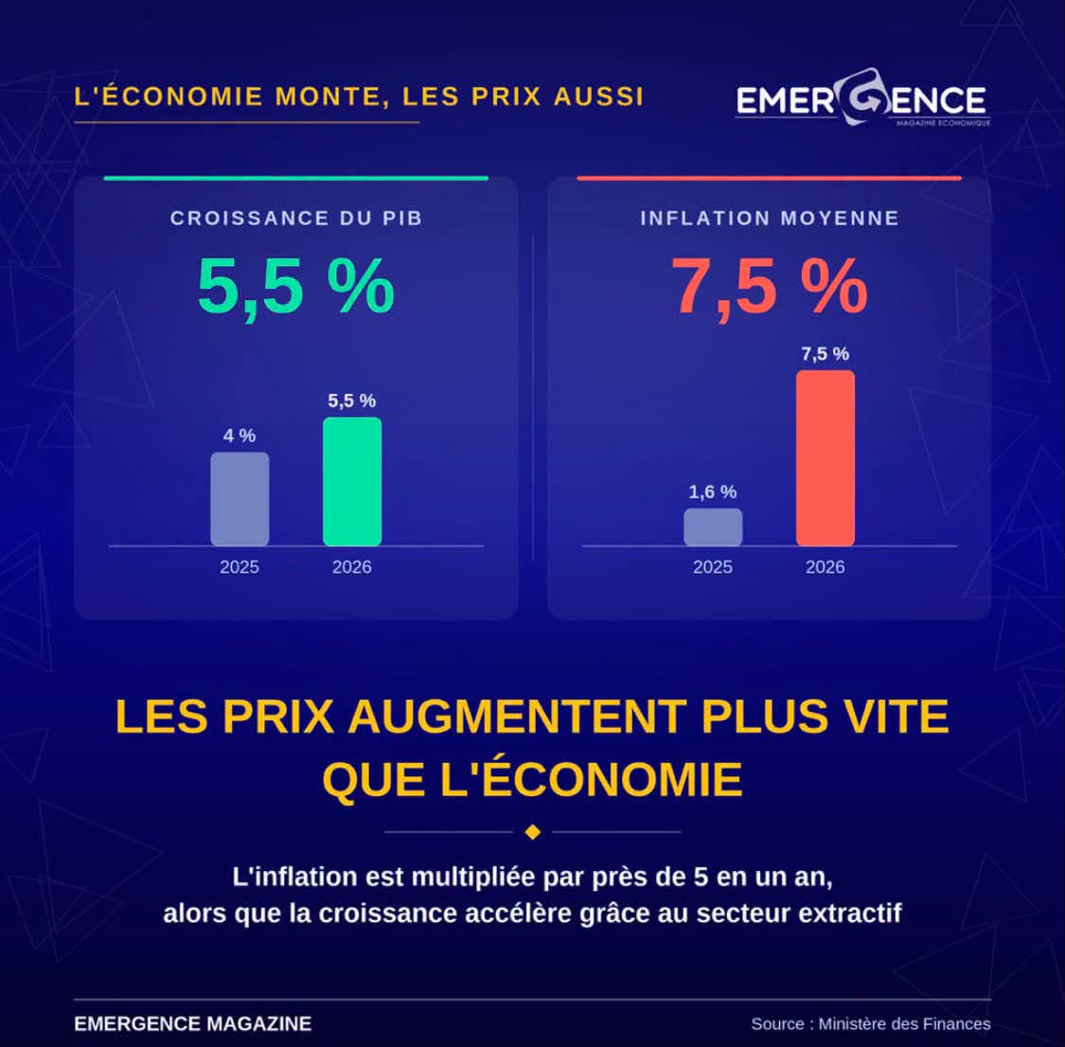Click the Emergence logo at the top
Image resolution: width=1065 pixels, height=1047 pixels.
tap(862, 98)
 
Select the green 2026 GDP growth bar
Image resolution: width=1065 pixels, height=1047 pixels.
tap(352, 482)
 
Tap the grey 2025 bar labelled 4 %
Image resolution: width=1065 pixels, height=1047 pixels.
tap(240, 499)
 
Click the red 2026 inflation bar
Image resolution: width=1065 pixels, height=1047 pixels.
tap(825, 458)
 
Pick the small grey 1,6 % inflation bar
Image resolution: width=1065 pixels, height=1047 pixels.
tap(713, 527)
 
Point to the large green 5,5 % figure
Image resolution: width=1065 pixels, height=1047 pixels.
tap(296, 287)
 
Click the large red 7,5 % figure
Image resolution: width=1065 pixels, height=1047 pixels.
tap(770, 287)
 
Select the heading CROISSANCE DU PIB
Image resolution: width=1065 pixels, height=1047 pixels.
tap(296, 218)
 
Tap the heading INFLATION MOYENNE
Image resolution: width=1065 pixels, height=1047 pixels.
tap(770, 218)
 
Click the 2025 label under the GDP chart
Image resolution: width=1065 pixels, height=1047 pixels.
tap(240, 567)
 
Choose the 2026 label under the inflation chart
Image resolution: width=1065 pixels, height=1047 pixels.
tap(825, 567)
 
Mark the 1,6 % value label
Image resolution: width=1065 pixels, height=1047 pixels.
tap(713, 491)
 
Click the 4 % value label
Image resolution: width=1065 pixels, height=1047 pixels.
tap(240, 435)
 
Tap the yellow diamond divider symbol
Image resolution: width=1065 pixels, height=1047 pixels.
tap(532, 832)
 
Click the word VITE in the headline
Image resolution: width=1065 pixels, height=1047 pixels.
tap(896, 717)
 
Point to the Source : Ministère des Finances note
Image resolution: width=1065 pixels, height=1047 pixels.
tap(871, 1024)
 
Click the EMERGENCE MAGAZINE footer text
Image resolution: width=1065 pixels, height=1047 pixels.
tap(193, 1024)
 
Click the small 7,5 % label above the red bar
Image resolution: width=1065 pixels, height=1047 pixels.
tap(825, 354)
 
